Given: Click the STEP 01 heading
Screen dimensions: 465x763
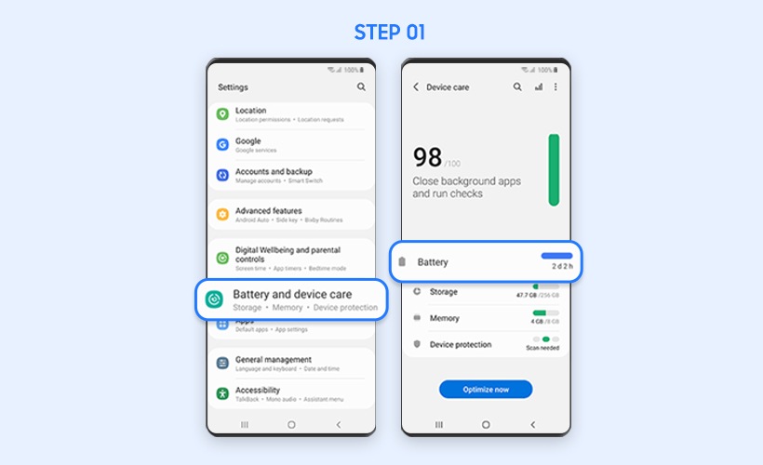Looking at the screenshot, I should [389, 33].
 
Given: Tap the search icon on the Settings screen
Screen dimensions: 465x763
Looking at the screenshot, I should [361, 86].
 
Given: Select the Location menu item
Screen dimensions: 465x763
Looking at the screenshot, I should [250, 111].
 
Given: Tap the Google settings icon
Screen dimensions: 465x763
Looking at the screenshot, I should [222, 144].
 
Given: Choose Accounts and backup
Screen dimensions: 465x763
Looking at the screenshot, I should [273, 172].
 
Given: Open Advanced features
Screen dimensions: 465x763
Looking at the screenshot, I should [268, 211].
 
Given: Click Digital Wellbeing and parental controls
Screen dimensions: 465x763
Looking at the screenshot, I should [288, 250].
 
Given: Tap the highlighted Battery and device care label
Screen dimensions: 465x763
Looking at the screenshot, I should [292, 294].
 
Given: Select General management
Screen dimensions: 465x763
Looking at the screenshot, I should [273, 359].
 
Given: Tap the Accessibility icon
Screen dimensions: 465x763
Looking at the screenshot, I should [222, 393].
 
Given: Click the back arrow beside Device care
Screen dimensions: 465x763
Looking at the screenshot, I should [416, 86].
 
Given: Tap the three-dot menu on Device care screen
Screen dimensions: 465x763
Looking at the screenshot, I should [556, 86].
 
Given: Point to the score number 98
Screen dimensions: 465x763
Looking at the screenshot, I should [427, 156].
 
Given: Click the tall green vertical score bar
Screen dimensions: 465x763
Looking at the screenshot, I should [554, 169].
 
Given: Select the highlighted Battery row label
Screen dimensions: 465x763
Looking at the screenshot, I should [433, 262].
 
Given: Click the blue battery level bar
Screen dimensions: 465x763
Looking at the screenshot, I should [556, 255].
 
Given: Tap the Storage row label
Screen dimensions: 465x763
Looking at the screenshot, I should [443, 291].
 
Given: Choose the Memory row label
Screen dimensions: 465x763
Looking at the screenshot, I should [444, 318].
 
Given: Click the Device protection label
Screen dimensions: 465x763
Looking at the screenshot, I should [460, 344].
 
